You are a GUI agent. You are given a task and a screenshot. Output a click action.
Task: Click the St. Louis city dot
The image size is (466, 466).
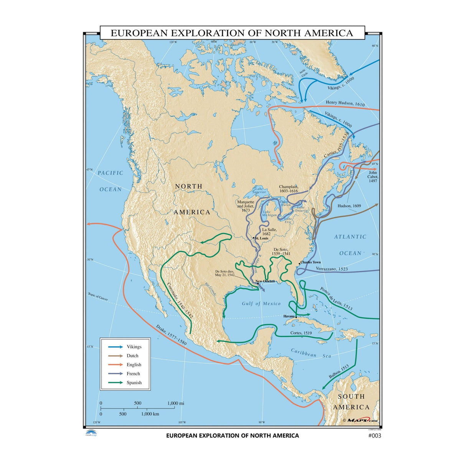point(253,238)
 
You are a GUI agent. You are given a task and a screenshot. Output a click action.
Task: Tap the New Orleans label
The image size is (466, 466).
point(265,281)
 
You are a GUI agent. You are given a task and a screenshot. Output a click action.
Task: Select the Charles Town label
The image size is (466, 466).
point(311,262)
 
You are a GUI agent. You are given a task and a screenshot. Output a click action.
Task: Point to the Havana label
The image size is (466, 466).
point(289,316)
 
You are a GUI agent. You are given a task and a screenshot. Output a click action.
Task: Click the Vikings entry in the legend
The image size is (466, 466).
point(134,347)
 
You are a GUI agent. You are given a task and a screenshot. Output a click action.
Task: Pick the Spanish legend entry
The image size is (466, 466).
point(134,383)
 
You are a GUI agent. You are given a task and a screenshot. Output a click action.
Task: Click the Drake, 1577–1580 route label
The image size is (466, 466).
point(171,335)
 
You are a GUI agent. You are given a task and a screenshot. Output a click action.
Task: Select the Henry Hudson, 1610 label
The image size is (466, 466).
point(345,103)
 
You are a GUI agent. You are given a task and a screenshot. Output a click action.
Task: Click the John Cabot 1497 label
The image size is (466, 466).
point(373,177)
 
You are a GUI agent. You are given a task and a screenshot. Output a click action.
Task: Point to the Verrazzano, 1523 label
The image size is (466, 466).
point(332,269)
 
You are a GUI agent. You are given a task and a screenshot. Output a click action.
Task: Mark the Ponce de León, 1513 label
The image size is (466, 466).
point(336,299)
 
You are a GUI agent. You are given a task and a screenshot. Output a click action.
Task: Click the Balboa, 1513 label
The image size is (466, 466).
point(339,372)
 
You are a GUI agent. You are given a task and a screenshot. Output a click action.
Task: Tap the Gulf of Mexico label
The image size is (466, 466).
point(261,304)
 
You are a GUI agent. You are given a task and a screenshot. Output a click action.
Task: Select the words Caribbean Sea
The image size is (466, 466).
point(311,353)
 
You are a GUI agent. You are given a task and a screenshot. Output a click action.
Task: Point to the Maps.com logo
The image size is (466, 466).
point(360,420)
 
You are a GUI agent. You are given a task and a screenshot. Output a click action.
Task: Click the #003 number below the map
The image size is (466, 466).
point(374,436)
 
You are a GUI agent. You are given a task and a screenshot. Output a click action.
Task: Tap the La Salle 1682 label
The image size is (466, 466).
point(269,231)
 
